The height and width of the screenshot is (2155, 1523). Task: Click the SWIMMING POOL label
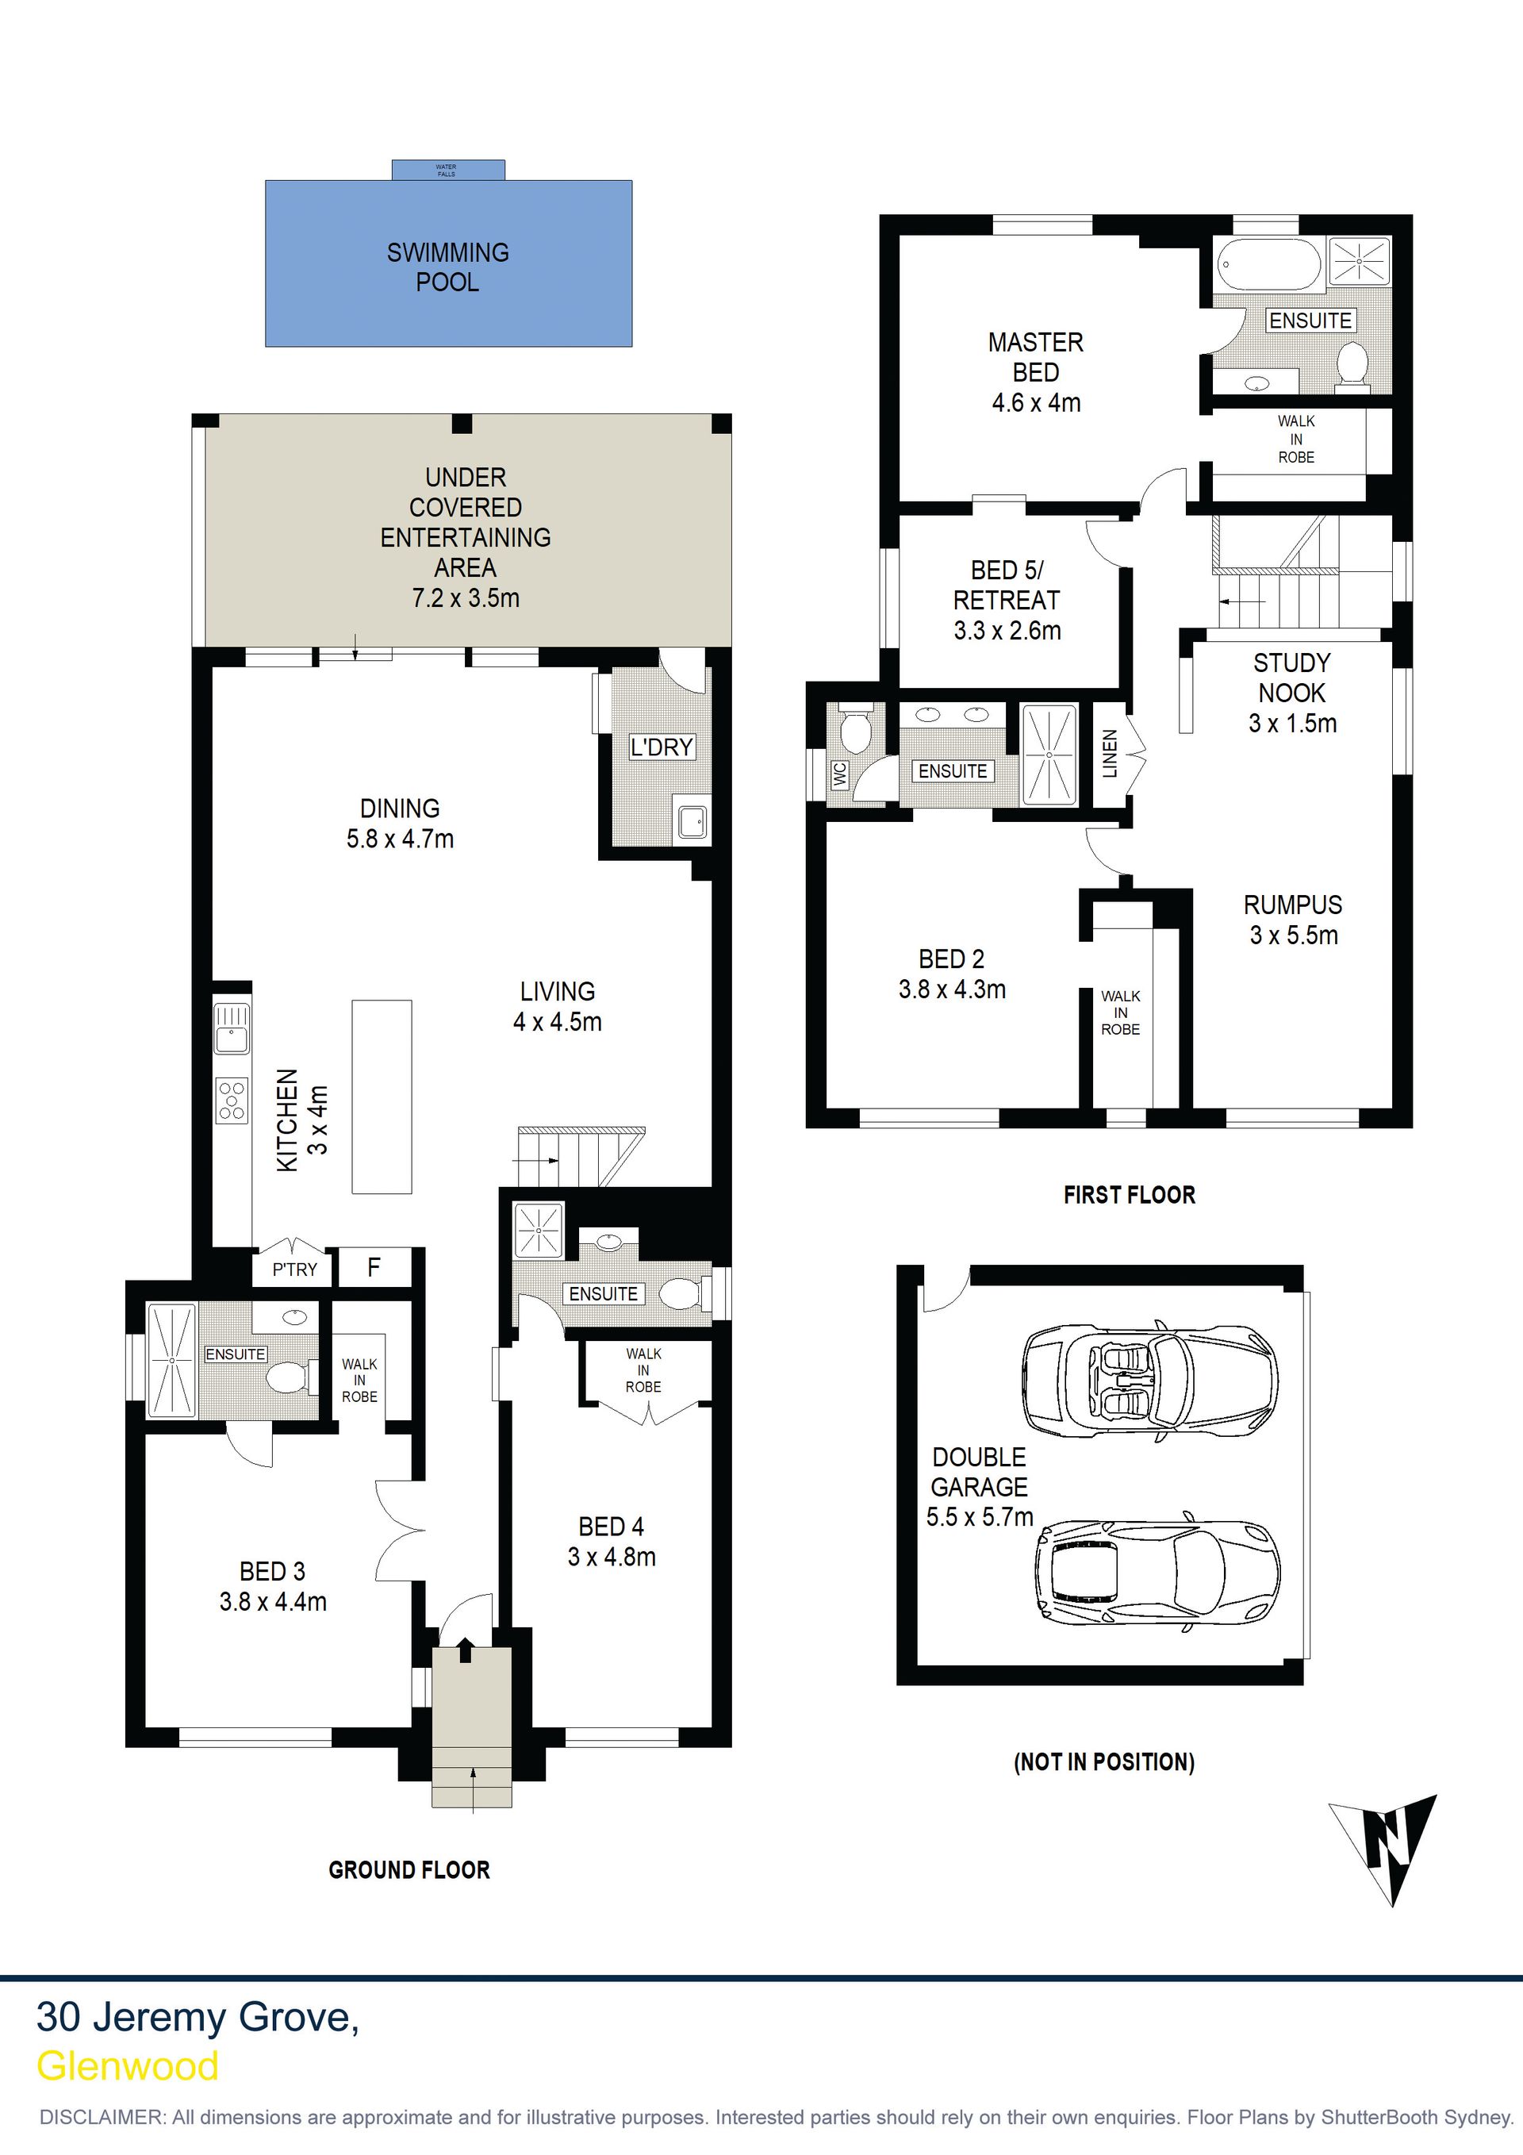[x=447, y=267]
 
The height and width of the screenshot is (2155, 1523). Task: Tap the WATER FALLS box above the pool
[x=448, y=170]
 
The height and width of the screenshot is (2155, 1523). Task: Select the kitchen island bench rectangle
[x=382, y=1097]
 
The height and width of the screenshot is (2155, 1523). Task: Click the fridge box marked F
[x=374, y=1268]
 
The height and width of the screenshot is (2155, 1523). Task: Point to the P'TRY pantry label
[x=294, y=1270]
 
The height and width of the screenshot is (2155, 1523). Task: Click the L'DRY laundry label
[x=662, y=747]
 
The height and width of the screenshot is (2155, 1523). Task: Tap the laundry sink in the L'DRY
[x=692, y=822]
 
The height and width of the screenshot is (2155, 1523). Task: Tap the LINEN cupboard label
[x=1110, y=753]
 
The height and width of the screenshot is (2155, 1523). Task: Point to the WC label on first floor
[x=840, y=774]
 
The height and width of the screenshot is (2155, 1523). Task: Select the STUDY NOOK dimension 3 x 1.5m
[x=1292, y=723]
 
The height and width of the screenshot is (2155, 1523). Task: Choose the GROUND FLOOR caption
[x=409, y=1889]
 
